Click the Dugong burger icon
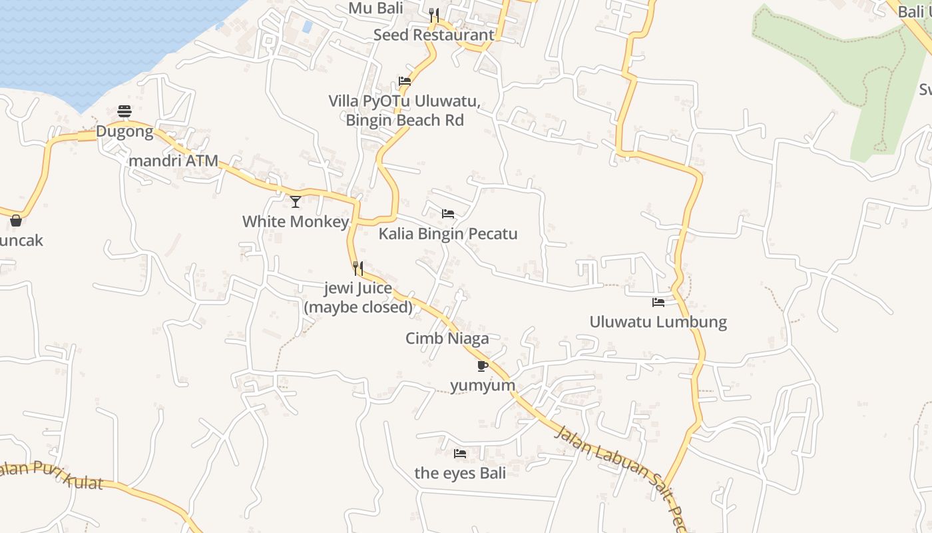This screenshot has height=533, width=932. click(x=124, y=111)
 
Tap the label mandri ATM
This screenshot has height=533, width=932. click(x=173, y=161)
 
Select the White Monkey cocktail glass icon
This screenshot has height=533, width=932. click(x=296, y=201)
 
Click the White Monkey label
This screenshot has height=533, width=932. click(x=296, y=221)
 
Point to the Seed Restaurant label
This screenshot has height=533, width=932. click(x=433, y=35)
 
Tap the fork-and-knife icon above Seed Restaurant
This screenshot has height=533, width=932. click(x=434, y=14)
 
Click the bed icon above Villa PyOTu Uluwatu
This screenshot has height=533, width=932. click(x=404, y=81)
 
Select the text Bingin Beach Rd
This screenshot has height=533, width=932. click(x=405, y=121)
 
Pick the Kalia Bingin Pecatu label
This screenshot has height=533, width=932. click(x=448, y=234)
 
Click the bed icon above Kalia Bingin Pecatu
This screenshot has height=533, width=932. click(x=448, y=214)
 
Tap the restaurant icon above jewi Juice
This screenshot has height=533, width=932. click(x=358, y=268)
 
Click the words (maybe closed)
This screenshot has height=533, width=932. click(x=358, y=308)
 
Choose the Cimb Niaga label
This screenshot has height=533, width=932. click(x=447, y=338)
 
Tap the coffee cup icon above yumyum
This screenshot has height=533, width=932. click(x=483, y=366)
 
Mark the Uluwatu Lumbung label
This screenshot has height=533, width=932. click(x=658, y=322)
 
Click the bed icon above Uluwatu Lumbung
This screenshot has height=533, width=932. click(x=658, y=302)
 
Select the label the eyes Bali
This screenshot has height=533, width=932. click(x=460, y=473)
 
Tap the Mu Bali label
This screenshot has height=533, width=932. click(x=376, y=8)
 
